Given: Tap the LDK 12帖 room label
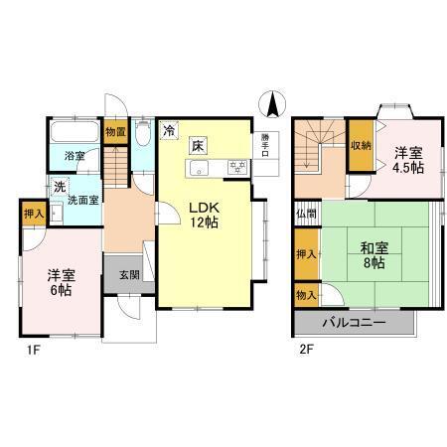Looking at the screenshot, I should (x=204, y=214).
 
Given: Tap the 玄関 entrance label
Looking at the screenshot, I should (x=129, y=275).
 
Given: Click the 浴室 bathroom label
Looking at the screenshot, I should (x=74, y=156).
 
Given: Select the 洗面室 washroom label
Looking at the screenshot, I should (x=81, y=199).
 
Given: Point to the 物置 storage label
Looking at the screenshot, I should (x=115, y=131).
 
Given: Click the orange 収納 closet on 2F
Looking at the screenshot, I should (x=360, y=146).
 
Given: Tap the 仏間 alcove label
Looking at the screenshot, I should (x=305, y=214).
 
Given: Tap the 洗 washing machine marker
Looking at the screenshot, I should (x=59, y=186).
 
